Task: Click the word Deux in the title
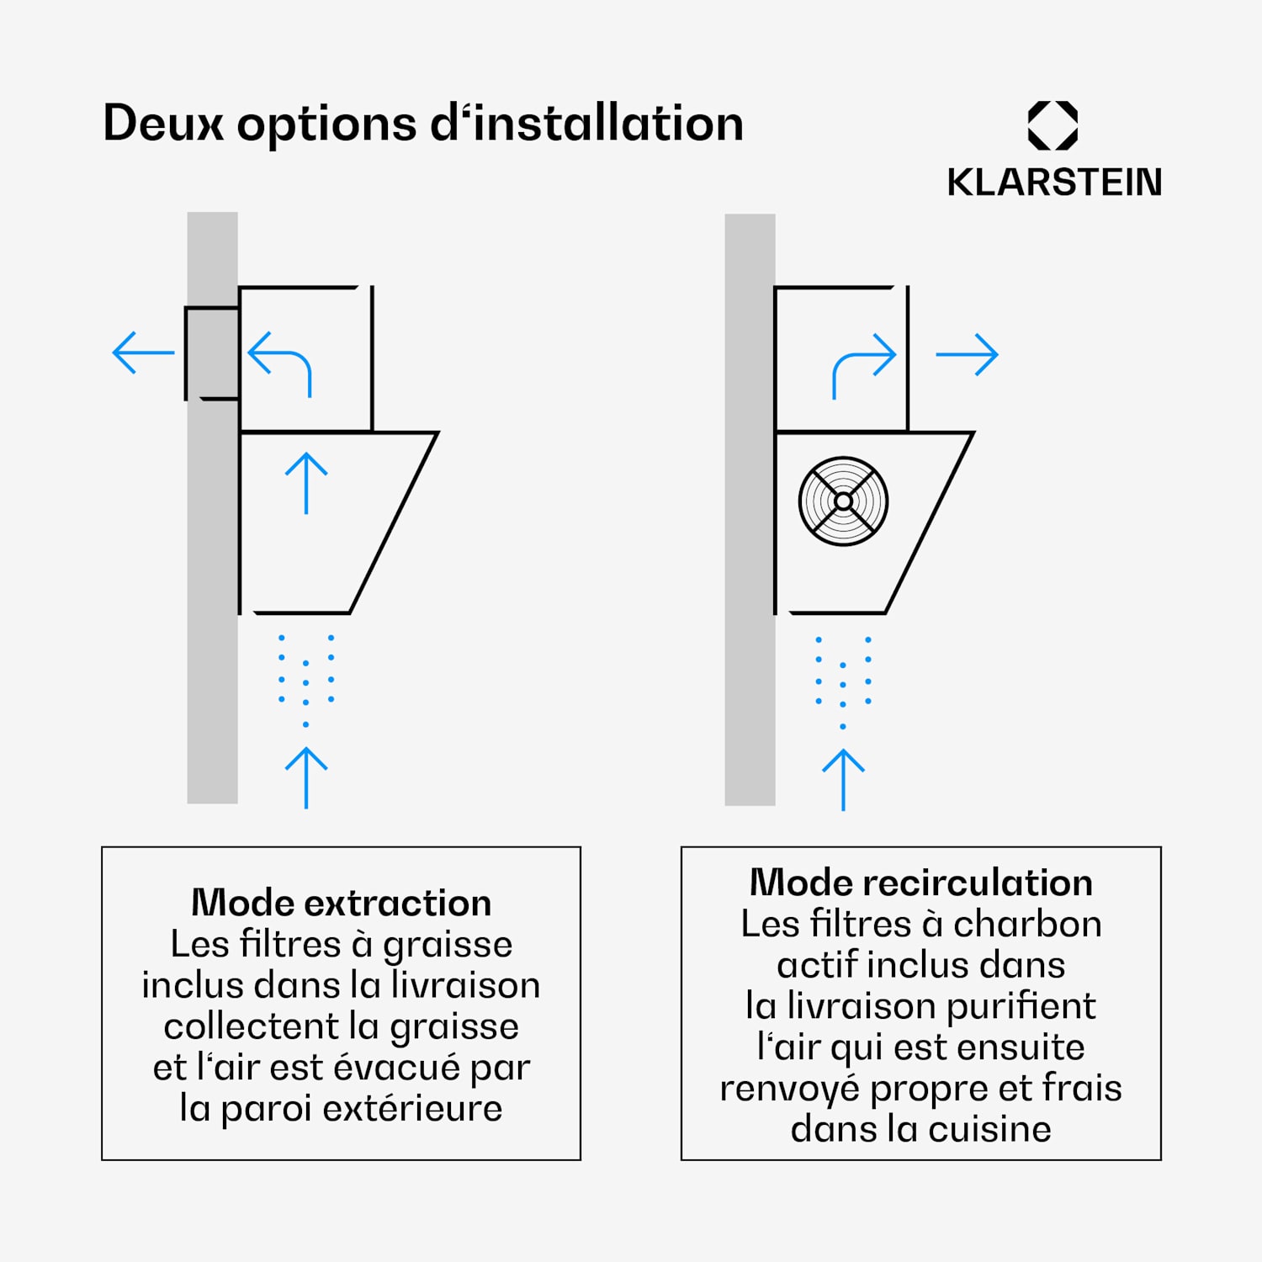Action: (x=163, y=124)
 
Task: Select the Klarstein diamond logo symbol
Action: (x=1053, y=125)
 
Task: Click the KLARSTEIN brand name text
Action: (x=1054, y=183)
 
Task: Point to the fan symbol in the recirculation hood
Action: (x=843, y=501)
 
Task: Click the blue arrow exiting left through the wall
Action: (x=143, y=353)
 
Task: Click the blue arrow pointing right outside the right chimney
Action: (x=967, y=355)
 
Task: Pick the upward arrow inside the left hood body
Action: (x=306, y=483)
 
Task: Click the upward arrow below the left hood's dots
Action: (x=306, y=777)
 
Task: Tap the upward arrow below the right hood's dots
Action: (x=843, y=780)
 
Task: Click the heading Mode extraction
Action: (x=341, y=903)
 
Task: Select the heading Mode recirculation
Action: (x=921, y=883)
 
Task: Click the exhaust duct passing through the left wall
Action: (x=212, y=353)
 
